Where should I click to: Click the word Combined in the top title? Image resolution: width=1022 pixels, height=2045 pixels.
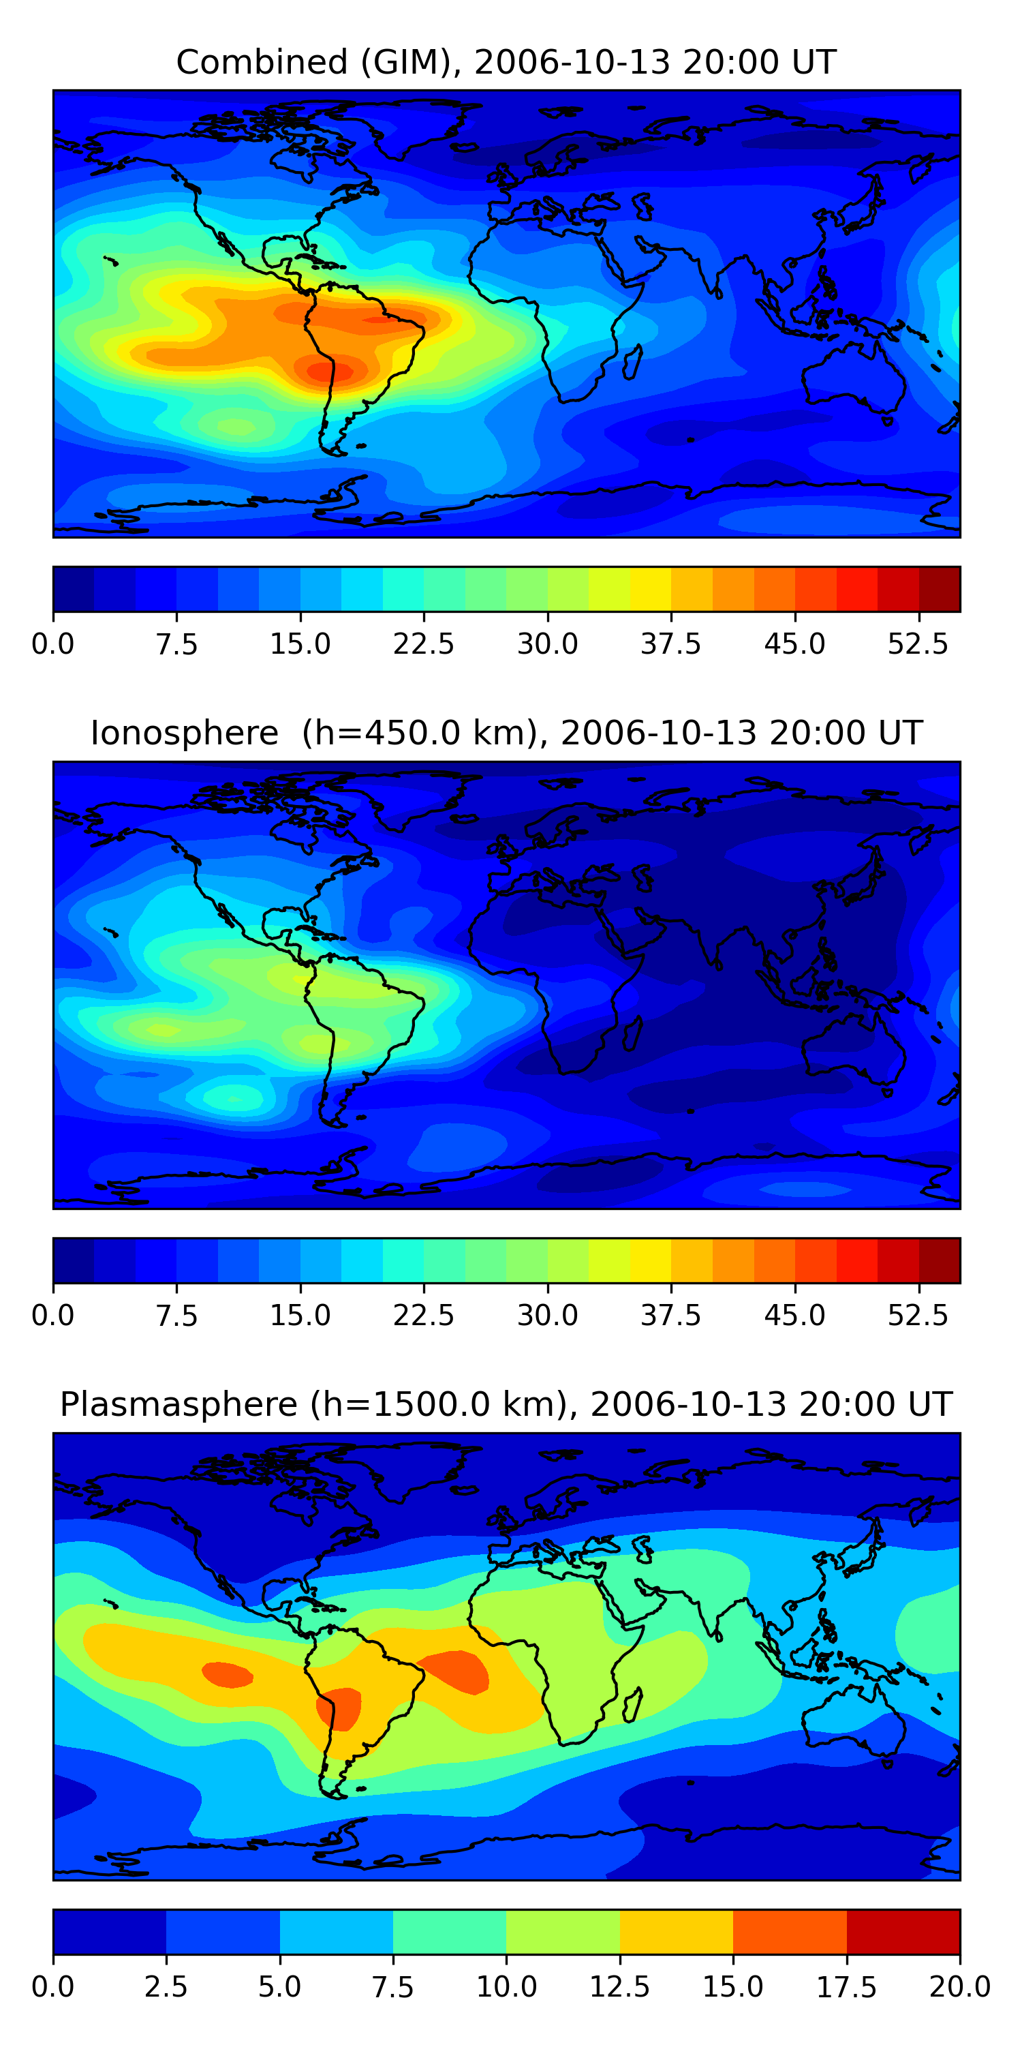pyautogui.click(x=262, y=62)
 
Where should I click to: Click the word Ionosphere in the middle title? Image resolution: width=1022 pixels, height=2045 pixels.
pyautogui.click(x=184, y=733)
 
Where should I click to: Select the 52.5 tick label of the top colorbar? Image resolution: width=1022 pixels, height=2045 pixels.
pyautogui.click(x=918, y=643)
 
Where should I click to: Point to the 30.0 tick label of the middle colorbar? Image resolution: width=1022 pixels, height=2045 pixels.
pyautogui.click(x=548, y=1316)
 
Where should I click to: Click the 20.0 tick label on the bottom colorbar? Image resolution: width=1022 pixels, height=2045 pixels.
pyautogui.click(x=959, y=1986)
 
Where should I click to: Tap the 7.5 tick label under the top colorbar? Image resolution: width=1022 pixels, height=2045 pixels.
pyautogui.click(x=176, y=643)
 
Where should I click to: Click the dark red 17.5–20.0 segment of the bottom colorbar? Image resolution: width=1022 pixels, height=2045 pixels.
pyautogui.click(x=903, y=1931)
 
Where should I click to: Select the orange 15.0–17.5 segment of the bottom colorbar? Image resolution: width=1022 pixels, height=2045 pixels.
pyautogui.click(x=790, y=1931)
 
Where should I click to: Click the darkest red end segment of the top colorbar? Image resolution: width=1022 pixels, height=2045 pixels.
pyautogui.click(x=940, y=589)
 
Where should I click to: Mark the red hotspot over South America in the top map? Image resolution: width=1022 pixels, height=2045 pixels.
pyautogui.click(x=330, y=371)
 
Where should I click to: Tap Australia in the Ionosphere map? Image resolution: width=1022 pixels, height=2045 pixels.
pyautogui.click(x=853, y=1048)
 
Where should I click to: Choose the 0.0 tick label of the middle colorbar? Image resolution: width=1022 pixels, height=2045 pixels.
pyautogui.click(x=52, y=1316)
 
